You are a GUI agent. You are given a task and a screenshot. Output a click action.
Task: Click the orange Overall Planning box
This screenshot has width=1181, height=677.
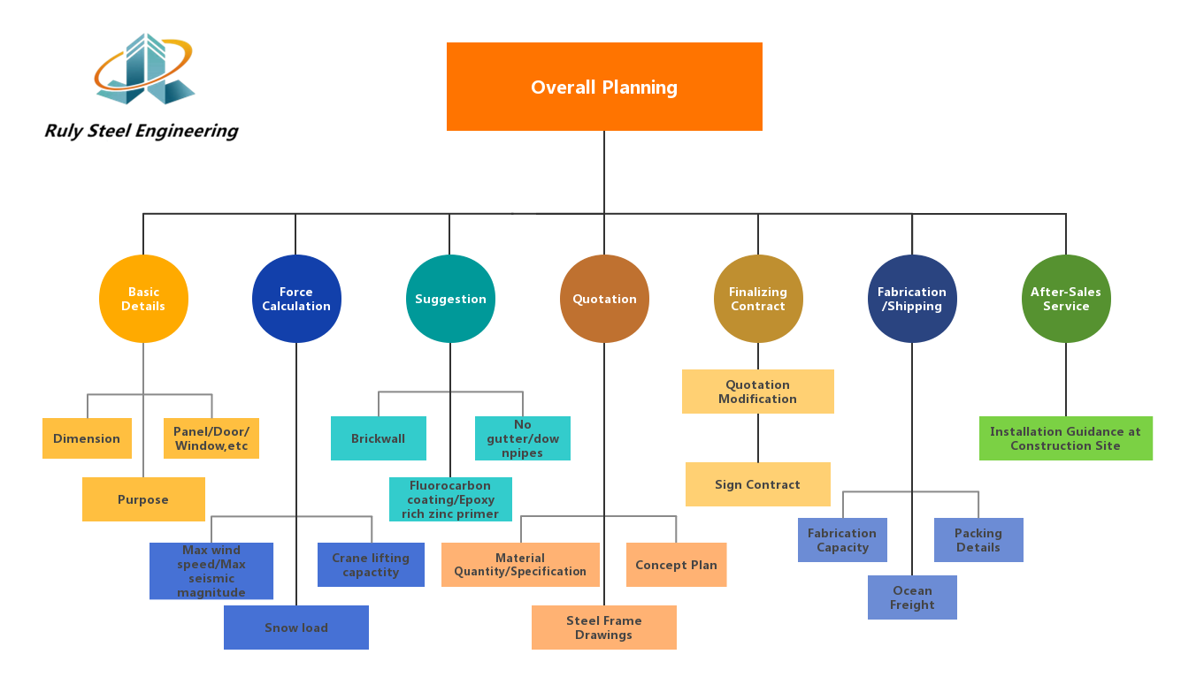[x=604, y=87]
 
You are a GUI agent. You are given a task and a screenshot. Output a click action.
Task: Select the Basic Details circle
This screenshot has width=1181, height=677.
[x=143, y=299]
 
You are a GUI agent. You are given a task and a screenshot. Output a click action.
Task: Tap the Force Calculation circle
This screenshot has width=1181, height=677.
[x=296, y=299]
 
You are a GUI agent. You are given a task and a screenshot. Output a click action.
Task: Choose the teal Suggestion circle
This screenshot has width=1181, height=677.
[x=450, y=299]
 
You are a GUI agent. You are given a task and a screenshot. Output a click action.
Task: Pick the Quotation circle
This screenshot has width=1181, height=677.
[x=604, y=299]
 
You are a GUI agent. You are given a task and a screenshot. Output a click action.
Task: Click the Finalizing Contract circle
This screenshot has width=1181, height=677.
[x=758, y=299]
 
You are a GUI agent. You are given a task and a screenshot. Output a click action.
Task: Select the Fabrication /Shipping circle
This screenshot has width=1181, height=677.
[x=912, y=299]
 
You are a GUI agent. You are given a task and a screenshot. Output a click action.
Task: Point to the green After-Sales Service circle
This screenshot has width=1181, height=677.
[x=1066, y=299]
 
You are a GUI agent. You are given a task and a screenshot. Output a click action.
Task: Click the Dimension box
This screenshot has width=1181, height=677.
[x=87, y=438]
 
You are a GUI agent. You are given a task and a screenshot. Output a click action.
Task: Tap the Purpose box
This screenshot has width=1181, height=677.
[x=143, y=499]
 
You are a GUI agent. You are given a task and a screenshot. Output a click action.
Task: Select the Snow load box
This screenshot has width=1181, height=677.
[x=296, y=628]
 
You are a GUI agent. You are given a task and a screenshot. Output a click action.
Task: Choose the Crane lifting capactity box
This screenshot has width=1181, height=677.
[x=371, y=565]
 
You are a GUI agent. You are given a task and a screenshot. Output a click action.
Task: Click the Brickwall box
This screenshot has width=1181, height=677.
[x=379, y=438]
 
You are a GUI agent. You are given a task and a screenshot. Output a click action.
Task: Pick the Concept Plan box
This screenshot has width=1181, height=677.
[x=677, y=565]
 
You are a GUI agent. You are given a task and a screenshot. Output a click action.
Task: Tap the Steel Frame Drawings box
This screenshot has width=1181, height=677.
[x=604, y=628]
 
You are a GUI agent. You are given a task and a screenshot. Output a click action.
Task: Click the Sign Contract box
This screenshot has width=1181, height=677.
[x=758, y=484]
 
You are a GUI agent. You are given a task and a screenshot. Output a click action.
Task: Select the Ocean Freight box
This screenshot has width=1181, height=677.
[x=912, y=597]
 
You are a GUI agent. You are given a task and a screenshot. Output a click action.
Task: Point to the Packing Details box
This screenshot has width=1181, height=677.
[x=978, y=540]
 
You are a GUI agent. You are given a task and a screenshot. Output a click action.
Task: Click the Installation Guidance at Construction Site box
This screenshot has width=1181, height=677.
[x=1066, y=438]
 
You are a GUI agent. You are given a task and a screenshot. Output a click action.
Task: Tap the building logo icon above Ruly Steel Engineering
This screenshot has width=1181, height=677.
[x=144, y=69]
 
